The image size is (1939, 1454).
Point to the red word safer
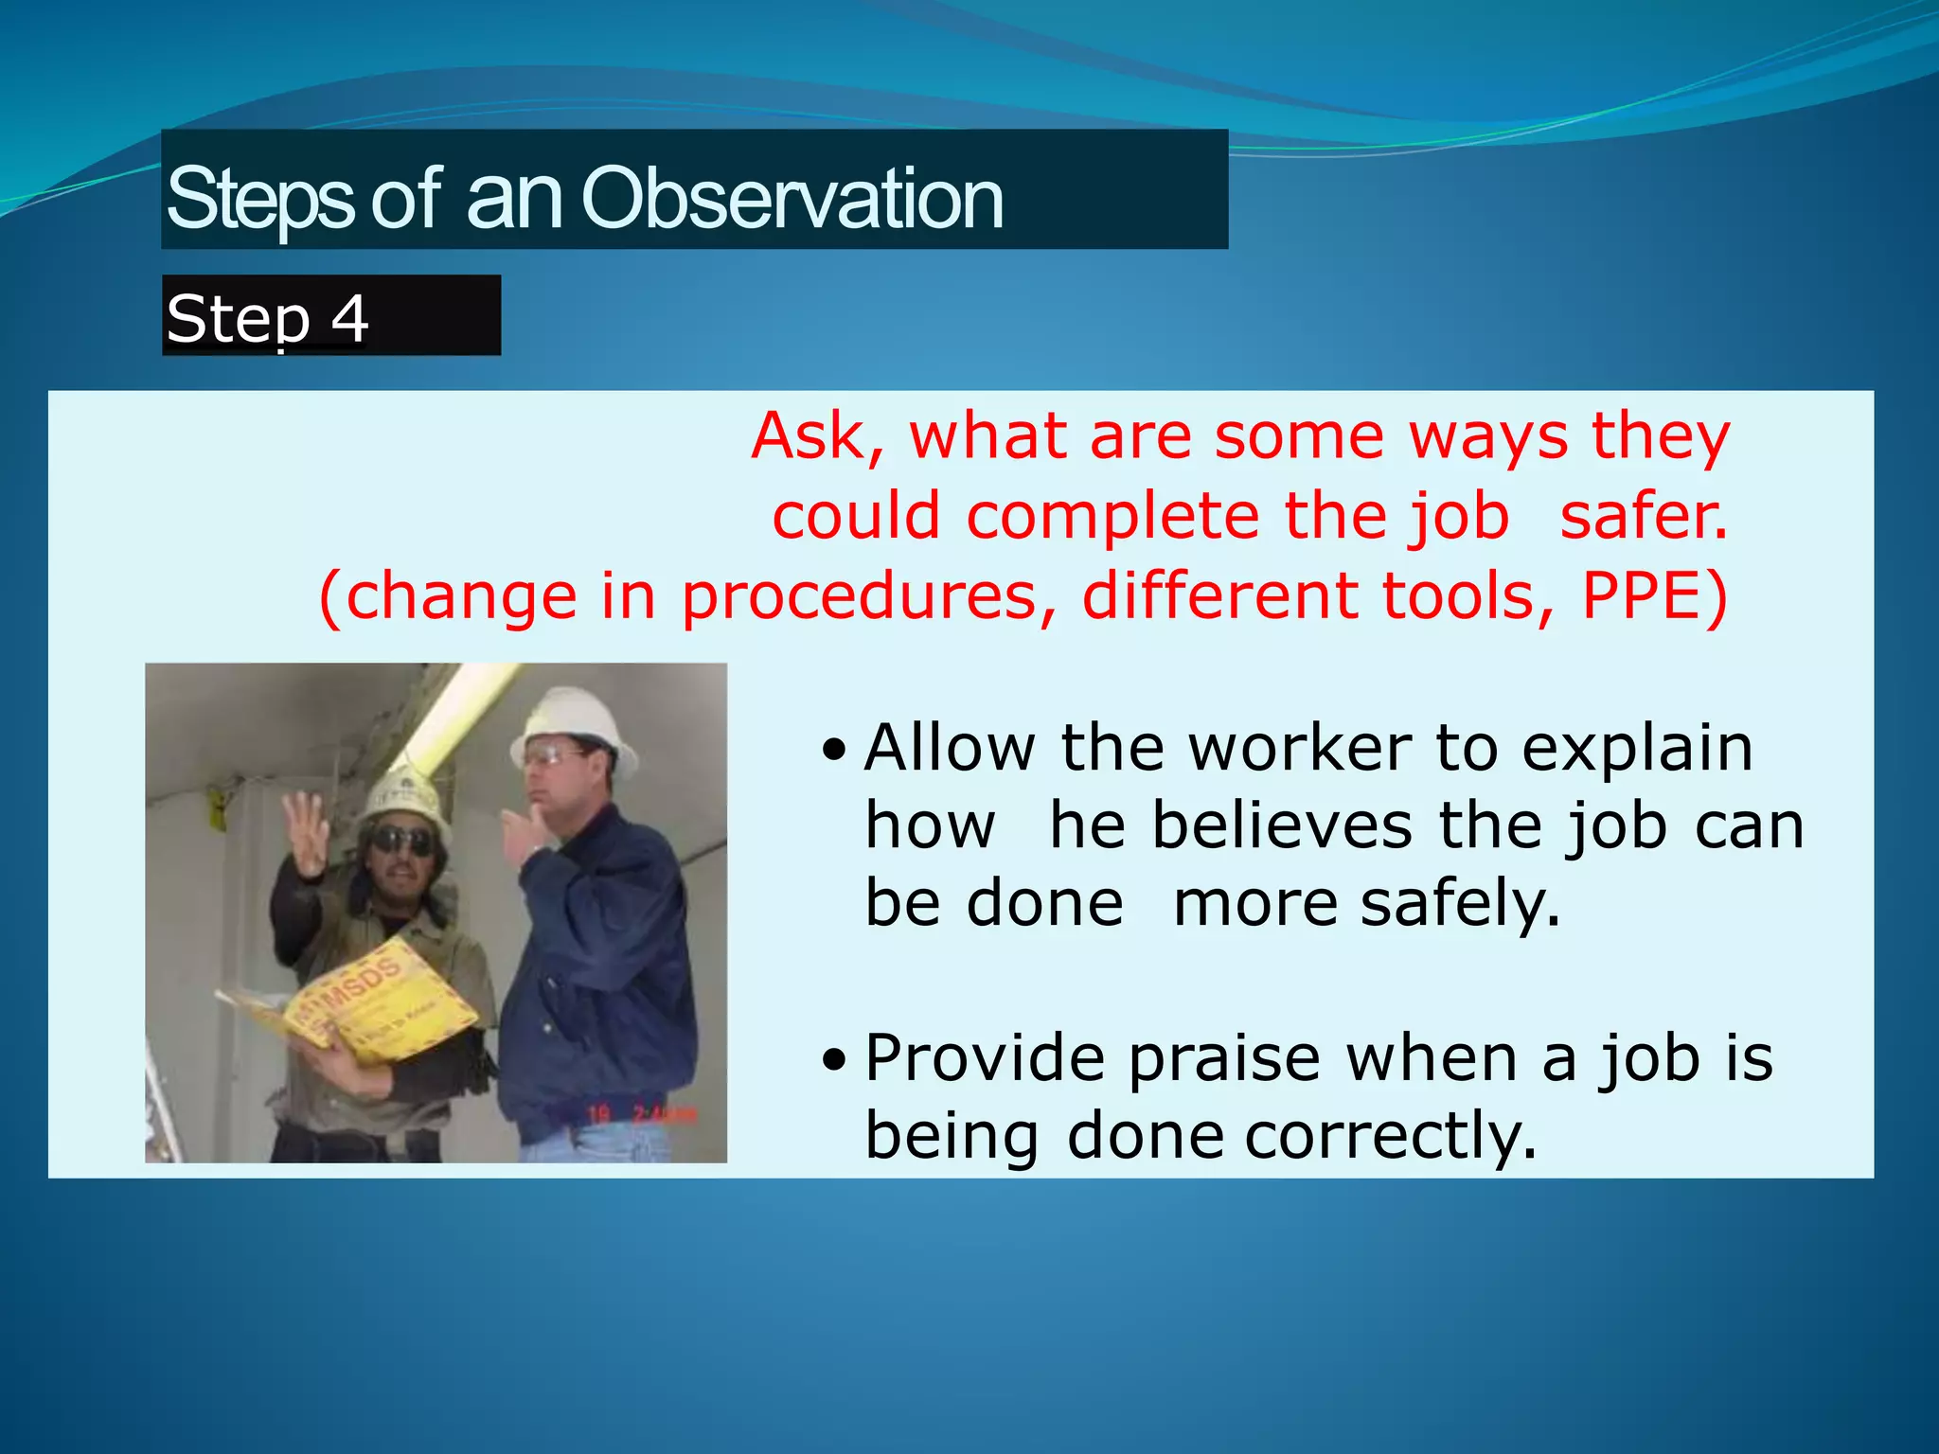pyautogui.click(x=1643, y=517)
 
